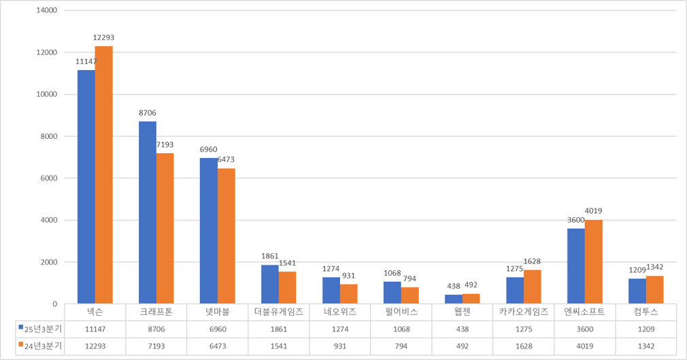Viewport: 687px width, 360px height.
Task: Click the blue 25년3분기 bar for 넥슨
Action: point(86,187)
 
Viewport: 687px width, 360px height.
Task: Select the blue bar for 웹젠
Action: point(454,299)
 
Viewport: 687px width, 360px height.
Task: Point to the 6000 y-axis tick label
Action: point(47,178)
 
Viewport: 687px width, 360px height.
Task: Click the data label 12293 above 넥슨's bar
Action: point(103,37)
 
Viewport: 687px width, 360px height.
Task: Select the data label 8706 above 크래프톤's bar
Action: point(147,113)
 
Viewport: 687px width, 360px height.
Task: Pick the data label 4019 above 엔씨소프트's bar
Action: point(593,211)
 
